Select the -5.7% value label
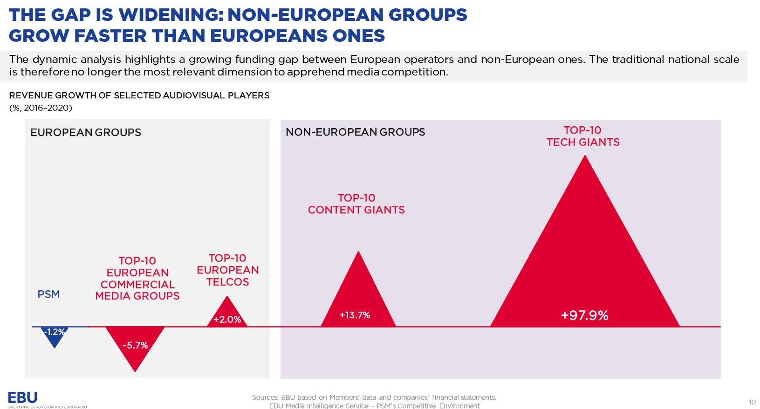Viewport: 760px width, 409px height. (135, 345)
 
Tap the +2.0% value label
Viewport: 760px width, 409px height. (227, 320)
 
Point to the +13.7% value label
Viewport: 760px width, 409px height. (355, 315)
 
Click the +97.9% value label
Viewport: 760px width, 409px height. (584, 315)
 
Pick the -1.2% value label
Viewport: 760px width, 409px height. (54, 332)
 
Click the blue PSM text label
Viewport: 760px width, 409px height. (48, 294)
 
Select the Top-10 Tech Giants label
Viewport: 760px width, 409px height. (583, 136)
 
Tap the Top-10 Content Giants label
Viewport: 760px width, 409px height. (356, 204)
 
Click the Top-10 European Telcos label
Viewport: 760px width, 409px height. (228, 270)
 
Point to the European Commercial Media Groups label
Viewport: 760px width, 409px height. (137, 279)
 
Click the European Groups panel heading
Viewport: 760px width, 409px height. (85, 132)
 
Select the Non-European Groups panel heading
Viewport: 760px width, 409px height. (355, 132)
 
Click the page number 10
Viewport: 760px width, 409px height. (752, 402)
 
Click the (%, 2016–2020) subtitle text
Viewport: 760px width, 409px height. (41, 108)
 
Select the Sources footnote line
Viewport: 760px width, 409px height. (374, 397)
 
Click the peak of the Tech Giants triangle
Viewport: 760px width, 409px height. (585, 155)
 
